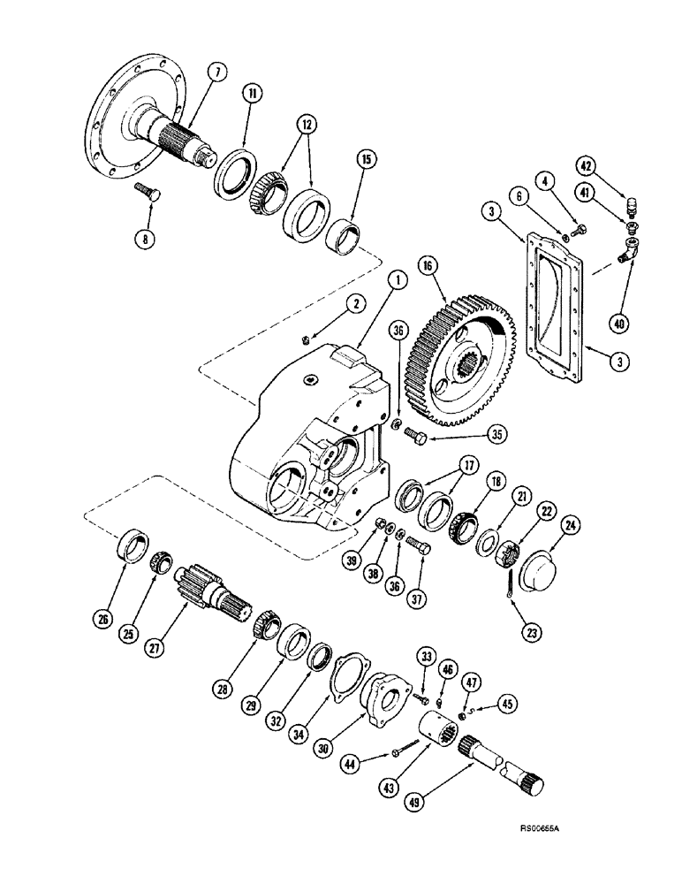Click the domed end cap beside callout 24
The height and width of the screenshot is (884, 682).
point(540,561)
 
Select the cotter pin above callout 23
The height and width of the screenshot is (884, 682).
point(510,585)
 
